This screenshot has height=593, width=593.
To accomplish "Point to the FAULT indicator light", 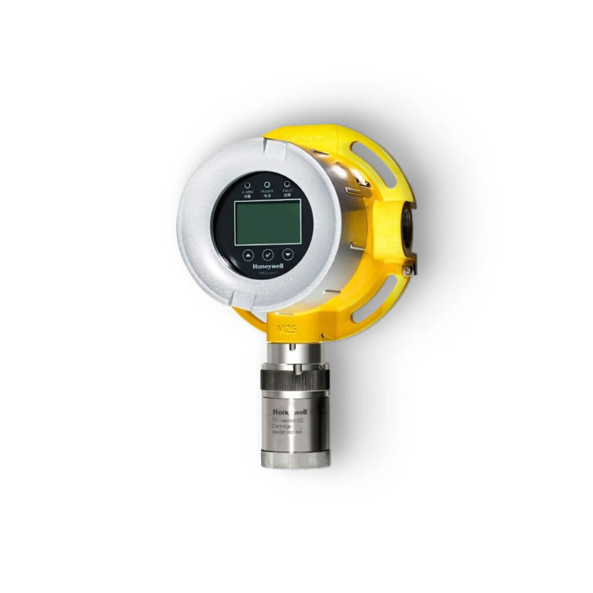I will [x=287, y=184].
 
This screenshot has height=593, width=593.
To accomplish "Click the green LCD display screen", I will [x=268, y=222].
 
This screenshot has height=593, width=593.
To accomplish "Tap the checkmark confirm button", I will [x=268, y=254].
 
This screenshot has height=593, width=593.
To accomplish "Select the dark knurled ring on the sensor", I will [x=293, y=380].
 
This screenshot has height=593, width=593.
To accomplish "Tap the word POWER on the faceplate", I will [x=267, y=191].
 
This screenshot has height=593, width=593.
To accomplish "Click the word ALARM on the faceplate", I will [x=247, y=191].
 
